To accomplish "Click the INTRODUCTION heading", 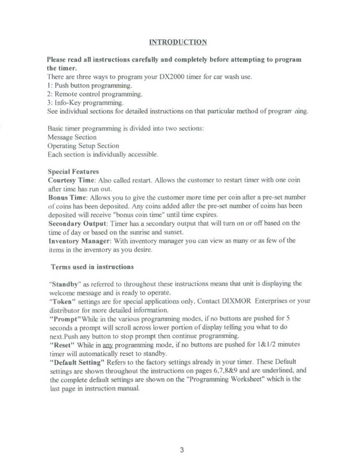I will tap(178, 42).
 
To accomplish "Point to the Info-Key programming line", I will tap(85, 102).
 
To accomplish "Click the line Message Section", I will tap(72, 137).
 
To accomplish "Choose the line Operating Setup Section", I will tap(83, 146).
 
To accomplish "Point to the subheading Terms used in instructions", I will tap(92, 267).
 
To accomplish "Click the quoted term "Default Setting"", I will tap(77, 362).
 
